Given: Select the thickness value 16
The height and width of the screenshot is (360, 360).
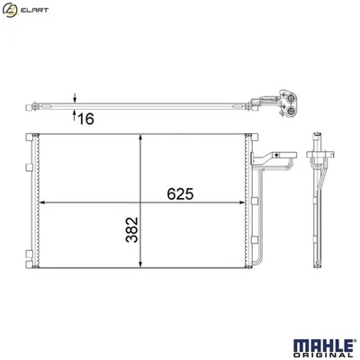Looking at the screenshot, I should [x=86, y=118].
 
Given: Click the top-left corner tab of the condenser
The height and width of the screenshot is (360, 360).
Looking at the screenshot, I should [x=30, y=136].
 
